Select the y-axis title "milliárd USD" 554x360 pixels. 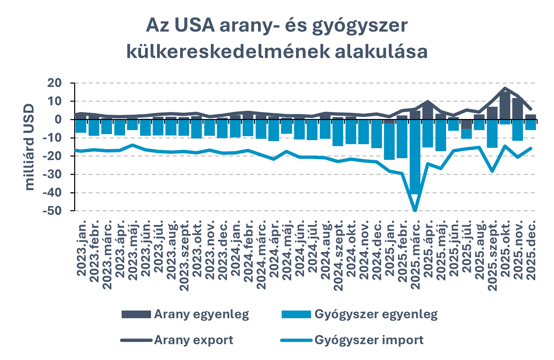tap(30, 147)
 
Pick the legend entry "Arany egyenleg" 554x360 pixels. tap(185, 314)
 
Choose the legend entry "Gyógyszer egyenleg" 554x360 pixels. tap(360, 314)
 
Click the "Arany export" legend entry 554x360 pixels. tap(177, 340)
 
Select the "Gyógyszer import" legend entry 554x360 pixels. tap(352, 340)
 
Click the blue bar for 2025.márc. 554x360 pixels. tap(415, 157)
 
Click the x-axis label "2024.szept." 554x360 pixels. tap(338, 255)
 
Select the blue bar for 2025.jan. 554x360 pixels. tap(389, 142)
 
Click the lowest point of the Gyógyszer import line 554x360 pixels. tap(415, 211)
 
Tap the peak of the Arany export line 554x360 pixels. tap(505, 88)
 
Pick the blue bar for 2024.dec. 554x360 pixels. tap(377, 134)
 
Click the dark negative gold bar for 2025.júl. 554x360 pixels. tap(466, 124)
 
